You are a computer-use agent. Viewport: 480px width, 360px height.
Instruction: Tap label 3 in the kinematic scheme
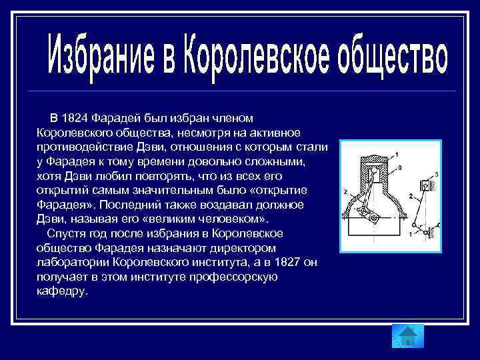pos(436,174)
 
